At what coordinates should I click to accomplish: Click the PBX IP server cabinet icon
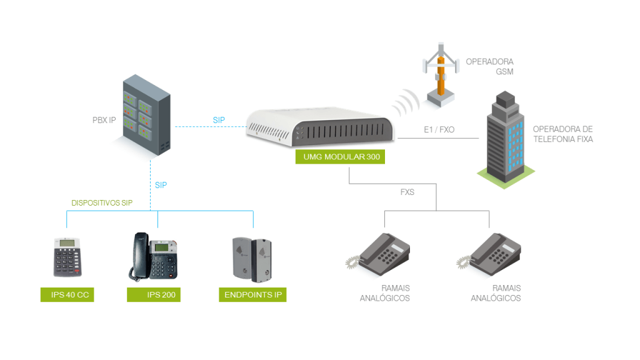pos(146,115)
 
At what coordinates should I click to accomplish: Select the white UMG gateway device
pos(321,128)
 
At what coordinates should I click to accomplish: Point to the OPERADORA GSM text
pos(489,67)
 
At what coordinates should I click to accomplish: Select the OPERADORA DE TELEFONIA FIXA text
pos(562,134)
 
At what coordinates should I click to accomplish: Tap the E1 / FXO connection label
pos(439,130)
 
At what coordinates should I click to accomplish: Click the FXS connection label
pos(407,192)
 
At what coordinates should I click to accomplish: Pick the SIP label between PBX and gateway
pos(219,120)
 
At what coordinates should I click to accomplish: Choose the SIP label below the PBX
pos(161,185)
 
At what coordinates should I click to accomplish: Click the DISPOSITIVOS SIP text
pos(102,203)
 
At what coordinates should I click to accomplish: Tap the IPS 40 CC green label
pos(67,294)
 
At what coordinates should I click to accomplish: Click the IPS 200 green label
pos(153,294)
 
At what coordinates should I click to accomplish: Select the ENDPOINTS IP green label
pos(252,294)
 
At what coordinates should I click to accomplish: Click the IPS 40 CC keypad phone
pos(67,257)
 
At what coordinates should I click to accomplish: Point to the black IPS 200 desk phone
pos(154,256)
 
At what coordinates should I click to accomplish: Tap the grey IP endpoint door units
pos(252,258)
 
